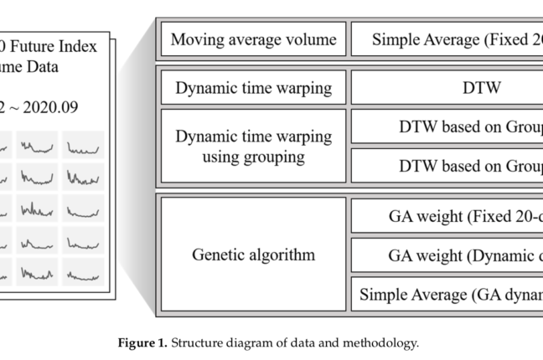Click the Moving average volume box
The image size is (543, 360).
[253, 39]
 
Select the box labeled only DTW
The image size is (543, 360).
[446, 87]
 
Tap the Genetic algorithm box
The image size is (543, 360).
[253, 255]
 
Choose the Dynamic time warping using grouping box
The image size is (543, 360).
[253, 146]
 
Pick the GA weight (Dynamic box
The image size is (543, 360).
[446, 255]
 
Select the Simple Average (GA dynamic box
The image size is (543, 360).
[446, 294]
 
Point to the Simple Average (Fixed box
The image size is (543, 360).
[446, 39]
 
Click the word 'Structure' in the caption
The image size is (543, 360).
[197, 342]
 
